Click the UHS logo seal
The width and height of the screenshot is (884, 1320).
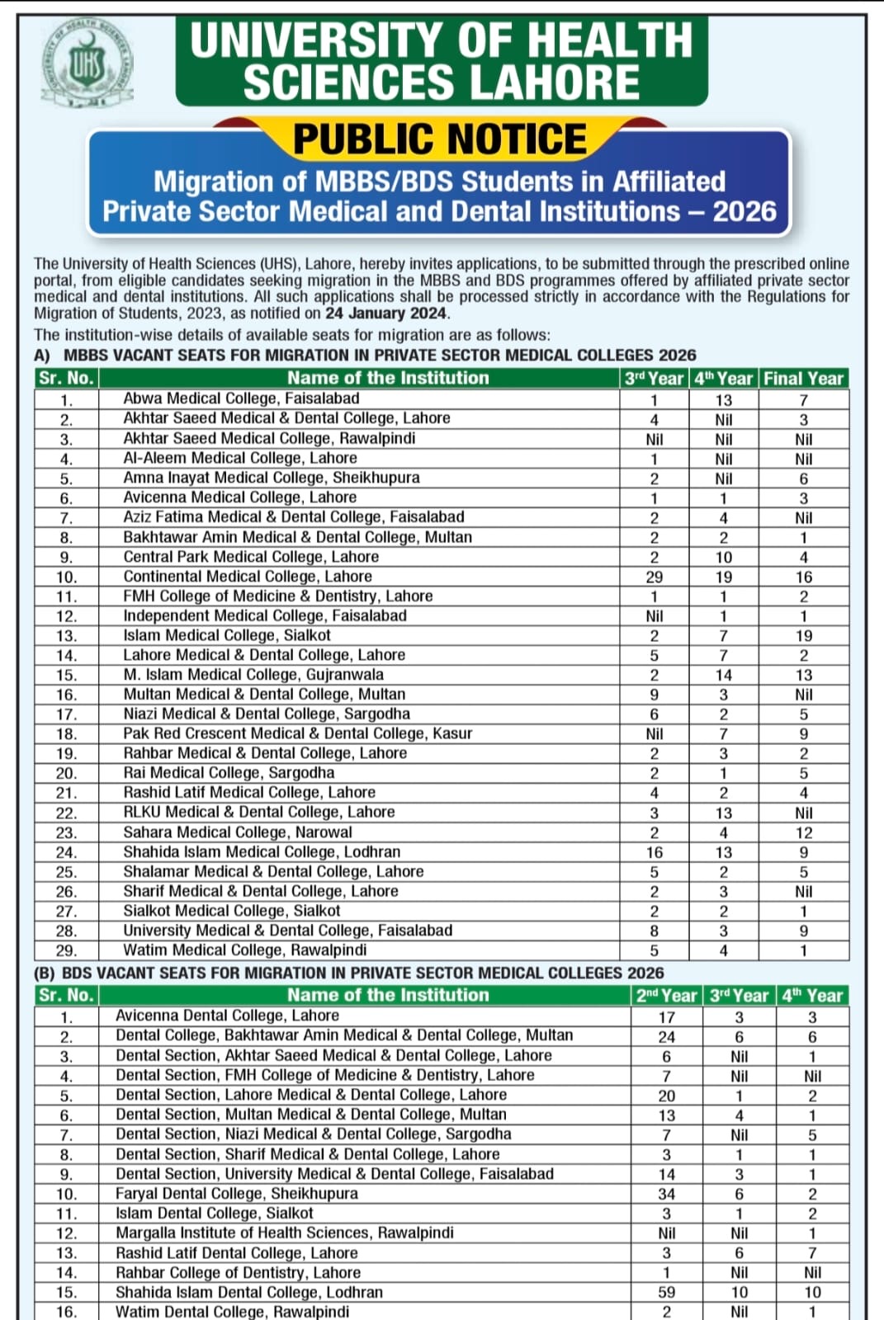(87, 64)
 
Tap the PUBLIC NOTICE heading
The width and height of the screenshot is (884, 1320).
(440, 139)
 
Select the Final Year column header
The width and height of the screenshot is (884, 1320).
(803, 379)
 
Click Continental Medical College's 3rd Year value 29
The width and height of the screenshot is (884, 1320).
(654, 577)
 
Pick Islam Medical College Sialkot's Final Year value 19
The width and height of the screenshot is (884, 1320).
(803, 636)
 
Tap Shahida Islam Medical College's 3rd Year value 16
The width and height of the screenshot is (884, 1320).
(654, 852)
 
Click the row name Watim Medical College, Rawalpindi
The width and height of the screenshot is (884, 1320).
(244, 950)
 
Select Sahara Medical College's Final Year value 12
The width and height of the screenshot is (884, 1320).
(803, 833)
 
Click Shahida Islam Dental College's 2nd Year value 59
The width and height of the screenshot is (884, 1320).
(666, 1293)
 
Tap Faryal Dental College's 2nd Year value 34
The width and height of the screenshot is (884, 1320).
(666, 1194)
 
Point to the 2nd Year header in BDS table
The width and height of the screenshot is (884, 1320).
(666, 996)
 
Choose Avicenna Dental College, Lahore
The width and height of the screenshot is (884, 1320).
(227, 1016)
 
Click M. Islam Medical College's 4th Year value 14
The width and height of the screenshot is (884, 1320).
(723, 675)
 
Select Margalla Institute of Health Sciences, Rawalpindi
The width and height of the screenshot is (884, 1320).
(284, 1233)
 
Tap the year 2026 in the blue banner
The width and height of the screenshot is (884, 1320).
(745, 211)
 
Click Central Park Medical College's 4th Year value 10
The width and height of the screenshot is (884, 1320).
(723, 558)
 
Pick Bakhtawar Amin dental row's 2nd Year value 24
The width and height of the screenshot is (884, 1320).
(666, 1037)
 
